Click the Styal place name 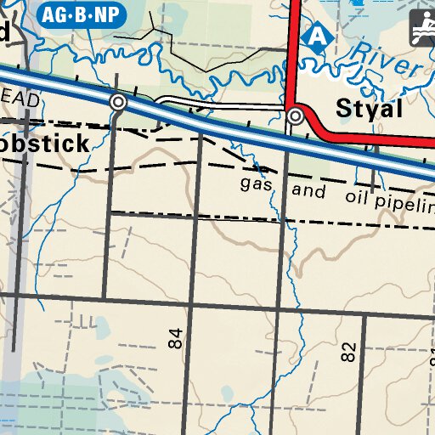click(369, 110)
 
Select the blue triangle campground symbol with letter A click(317, 35)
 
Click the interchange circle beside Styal click(296, 115)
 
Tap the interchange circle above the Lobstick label click(118, 102)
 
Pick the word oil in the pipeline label click(360, 197)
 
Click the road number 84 click(176, 339)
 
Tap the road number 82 click(348, 353)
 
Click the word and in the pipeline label click(308, 190)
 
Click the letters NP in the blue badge click(107, 14)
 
